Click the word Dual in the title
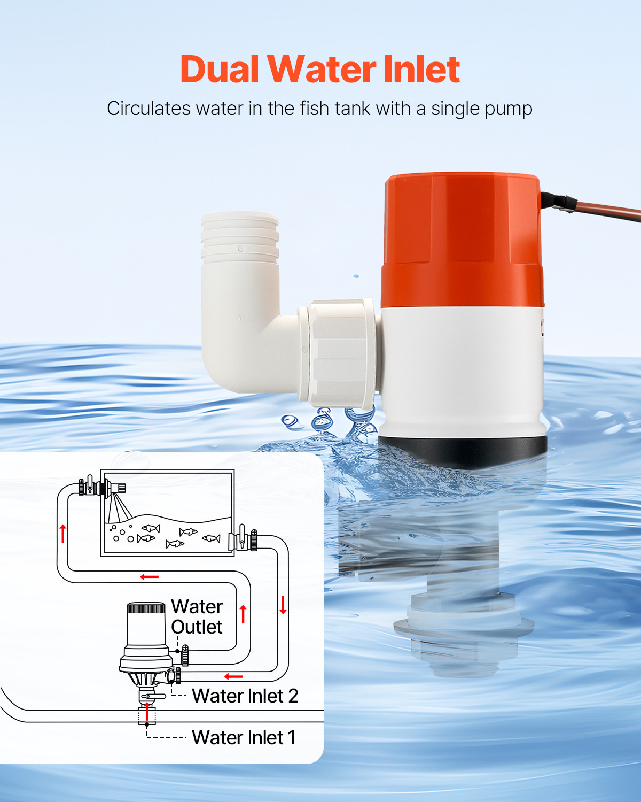tap(220, 70)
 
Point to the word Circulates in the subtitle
tap(148, 109)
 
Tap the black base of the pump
tap(463, 449)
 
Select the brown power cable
tap(609, 211)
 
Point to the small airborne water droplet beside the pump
tap(356, 276)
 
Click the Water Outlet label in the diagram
tap(197, 616)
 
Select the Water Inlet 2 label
tap(245, 696)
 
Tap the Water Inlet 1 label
tap(243, 737)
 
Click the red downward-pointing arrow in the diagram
tap(283, 604)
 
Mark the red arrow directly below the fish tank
tap(150, 577)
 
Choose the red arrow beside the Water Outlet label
tap(243, 614)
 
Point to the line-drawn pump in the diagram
tap(146, 642)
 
